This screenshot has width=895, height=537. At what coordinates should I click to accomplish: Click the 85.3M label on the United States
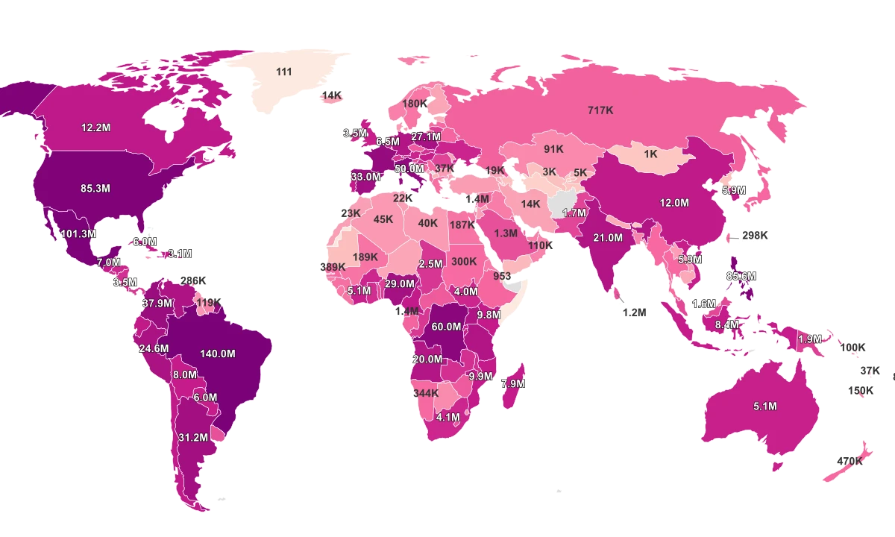coord(95,189)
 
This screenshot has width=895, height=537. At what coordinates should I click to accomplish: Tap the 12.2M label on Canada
coord(96,128)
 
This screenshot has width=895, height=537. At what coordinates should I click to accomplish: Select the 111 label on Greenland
coord(283,72)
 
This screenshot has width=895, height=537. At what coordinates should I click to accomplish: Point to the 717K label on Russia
coord(600,110)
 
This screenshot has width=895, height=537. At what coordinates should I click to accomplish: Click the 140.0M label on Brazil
coord(218,354)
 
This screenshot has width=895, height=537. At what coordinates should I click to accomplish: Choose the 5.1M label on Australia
coord(765,406)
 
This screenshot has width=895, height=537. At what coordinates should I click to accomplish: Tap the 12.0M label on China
coord(673,202)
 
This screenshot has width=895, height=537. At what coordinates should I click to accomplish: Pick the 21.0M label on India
coord(608,238)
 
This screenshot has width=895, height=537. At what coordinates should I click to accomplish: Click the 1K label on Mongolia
coord(650,154)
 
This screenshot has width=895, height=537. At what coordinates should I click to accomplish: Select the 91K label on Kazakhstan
coord(553,149)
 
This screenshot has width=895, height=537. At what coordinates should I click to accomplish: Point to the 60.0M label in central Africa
coord(446,327)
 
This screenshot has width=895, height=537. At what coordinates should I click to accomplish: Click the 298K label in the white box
coord(755,236)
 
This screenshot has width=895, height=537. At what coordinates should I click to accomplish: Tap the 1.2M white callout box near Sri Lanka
coord(634,313)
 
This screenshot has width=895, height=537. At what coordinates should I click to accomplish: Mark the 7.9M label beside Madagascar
coord(512,383)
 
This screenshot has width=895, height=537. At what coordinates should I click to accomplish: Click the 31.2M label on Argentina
coord(192,437)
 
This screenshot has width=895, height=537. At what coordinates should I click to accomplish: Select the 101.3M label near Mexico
coord(78,233)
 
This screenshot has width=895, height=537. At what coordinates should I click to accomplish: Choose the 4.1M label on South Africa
coord(448,417)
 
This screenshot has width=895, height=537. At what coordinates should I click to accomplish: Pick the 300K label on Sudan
coord(463,262)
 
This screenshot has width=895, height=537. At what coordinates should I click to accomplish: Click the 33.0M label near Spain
coord(365,177)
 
